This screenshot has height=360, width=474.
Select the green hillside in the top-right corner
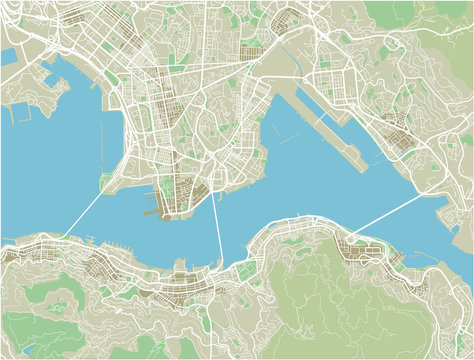pyautogui.click(x=440, y=20)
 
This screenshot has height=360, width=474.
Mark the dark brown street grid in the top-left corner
pyautogui.click(x=30, y=15)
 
